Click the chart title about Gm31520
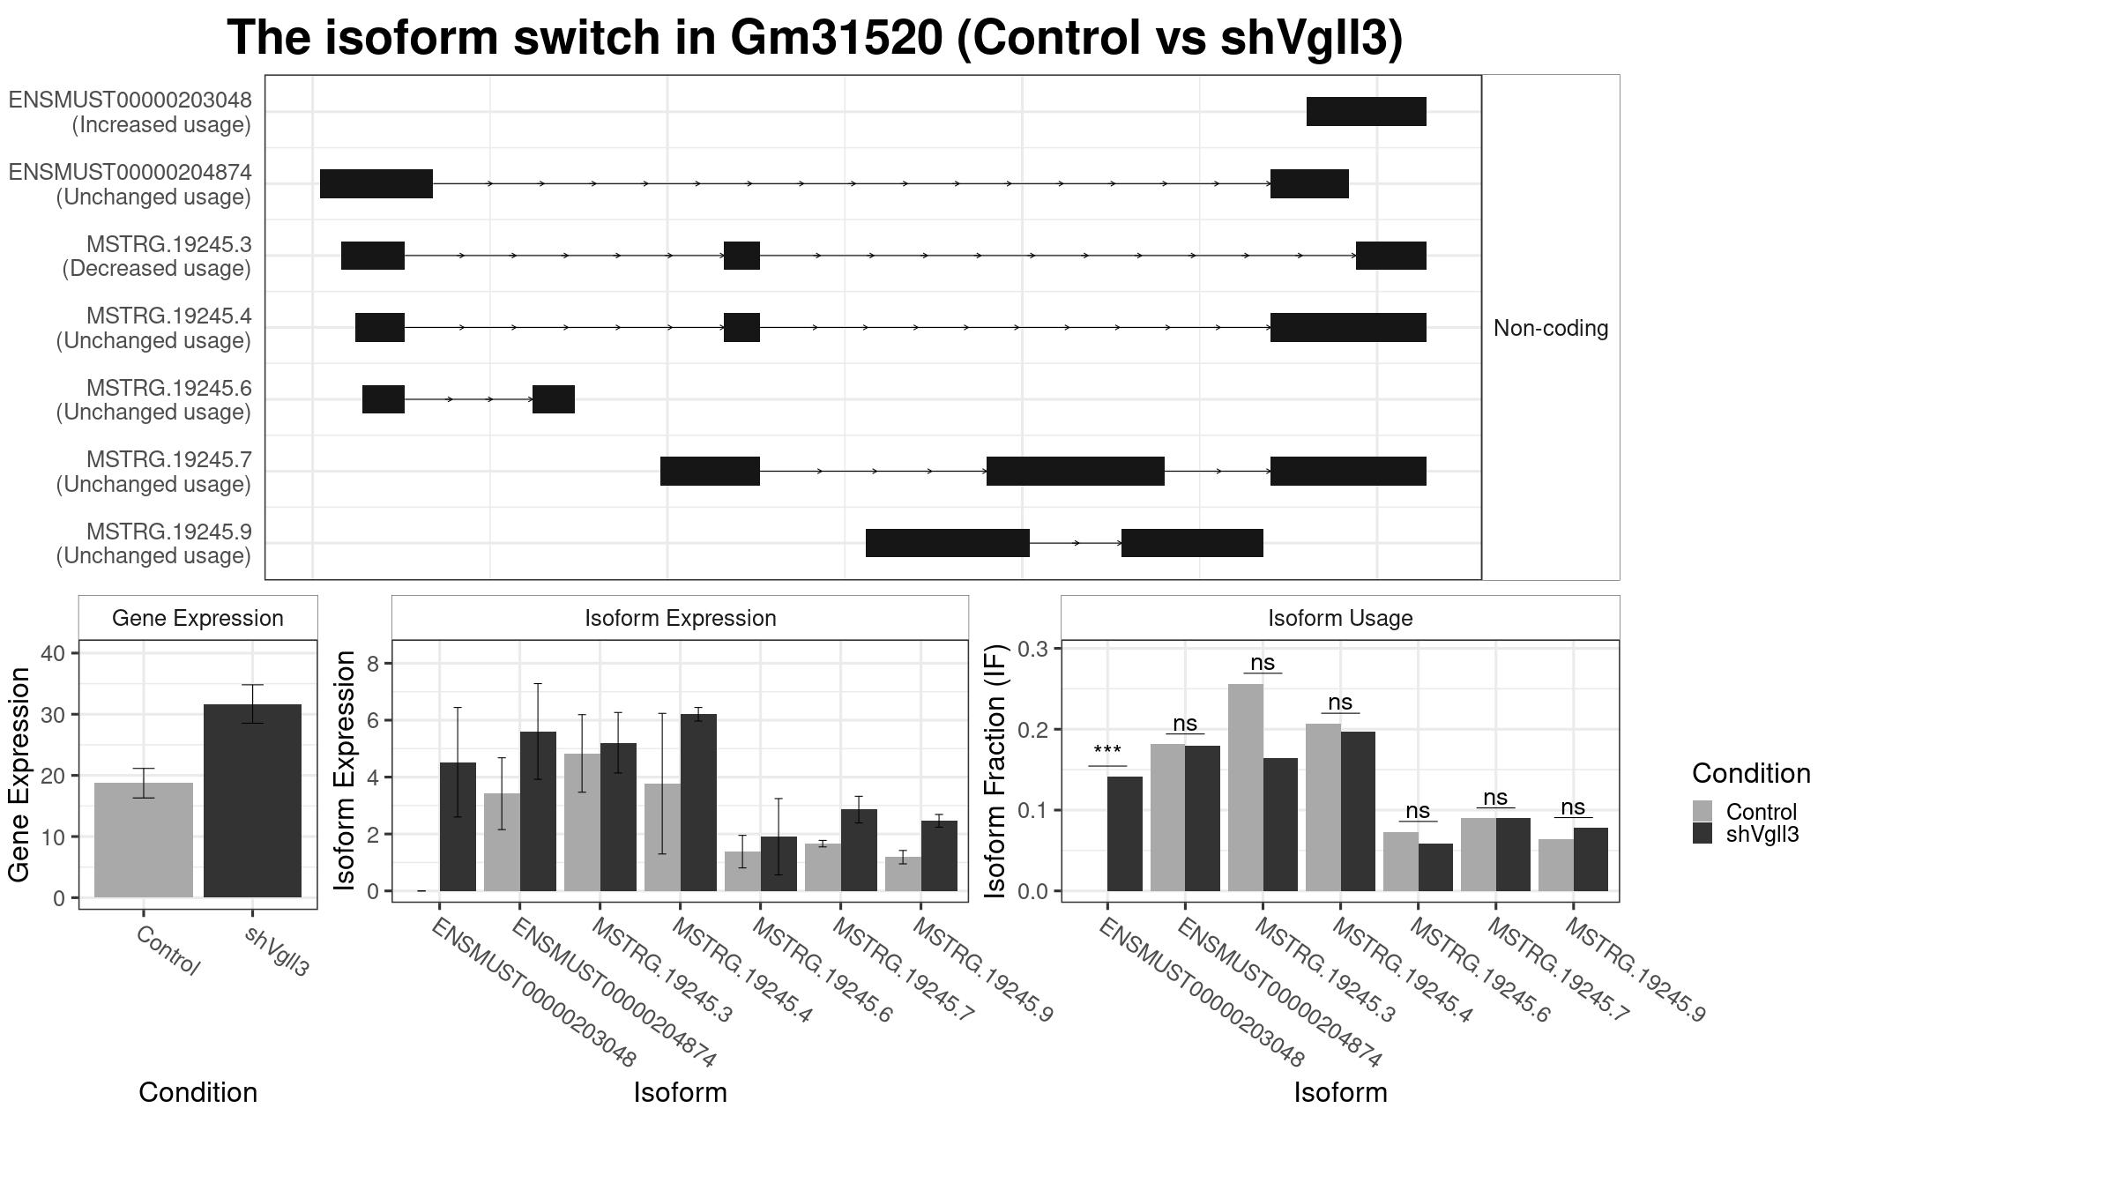tap(815, 38)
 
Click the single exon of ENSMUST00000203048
tap(1366, 112)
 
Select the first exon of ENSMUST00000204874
tap(376, 183)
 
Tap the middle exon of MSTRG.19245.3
tap(741, 256)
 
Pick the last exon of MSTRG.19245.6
tap(554, 399)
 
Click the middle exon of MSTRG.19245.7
tap(1076, 471)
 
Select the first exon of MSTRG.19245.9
tap(948, 543)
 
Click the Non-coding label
tap(1551, 328)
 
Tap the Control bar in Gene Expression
tap(144, 840)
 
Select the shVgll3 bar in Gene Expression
tap(252, 801)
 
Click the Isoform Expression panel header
tap(681, 618)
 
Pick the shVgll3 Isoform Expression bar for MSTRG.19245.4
tap(698, 802)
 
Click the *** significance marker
tap(1107, 752)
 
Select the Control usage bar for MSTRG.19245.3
tap(1245, 787)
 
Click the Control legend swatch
tap(1702, 811)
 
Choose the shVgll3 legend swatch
tap(1702, 833)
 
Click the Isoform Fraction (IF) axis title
tap(995, 771)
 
